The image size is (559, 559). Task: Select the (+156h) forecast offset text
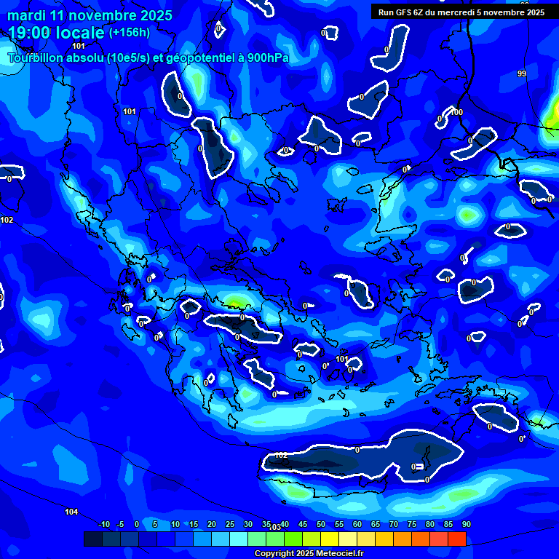pos(130,32)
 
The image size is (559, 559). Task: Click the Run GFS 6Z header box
pos(461,12)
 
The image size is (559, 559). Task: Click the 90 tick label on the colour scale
pos(466,525)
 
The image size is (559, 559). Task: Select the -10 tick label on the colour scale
pos(104,525)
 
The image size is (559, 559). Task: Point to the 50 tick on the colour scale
pos(321,525)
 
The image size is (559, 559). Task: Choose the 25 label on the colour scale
pos(230,525)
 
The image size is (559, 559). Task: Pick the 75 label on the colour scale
pos(412,525)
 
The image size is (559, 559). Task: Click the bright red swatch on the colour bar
pos(457,539)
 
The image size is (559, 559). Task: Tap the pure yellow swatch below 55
pos(330,539)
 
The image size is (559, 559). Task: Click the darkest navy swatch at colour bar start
pos(92,539)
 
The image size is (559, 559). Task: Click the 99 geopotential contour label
pos(522,74)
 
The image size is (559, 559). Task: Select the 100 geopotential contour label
pos(456,112)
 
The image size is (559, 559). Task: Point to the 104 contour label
pos(71,512)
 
